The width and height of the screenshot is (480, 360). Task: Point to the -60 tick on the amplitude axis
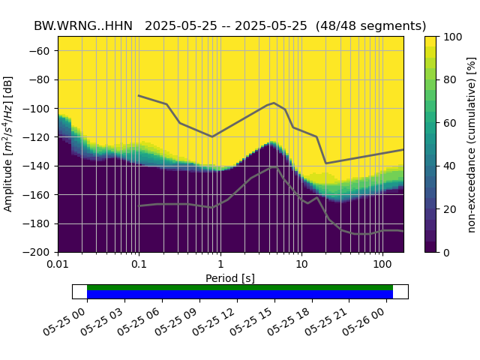[x=43, y=51]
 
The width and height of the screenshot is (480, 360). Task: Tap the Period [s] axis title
[x=230, y=278]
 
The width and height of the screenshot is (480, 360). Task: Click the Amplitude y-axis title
[x=9, y=144]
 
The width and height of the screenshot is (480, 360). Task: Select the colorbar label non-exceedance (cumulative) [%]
[x=472, y=144]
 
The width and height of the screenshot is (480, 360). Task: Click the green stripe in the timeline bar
[x=240, y=287]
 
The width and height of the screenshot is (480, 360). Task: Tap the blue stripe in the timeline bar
[x=240, y=295]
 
